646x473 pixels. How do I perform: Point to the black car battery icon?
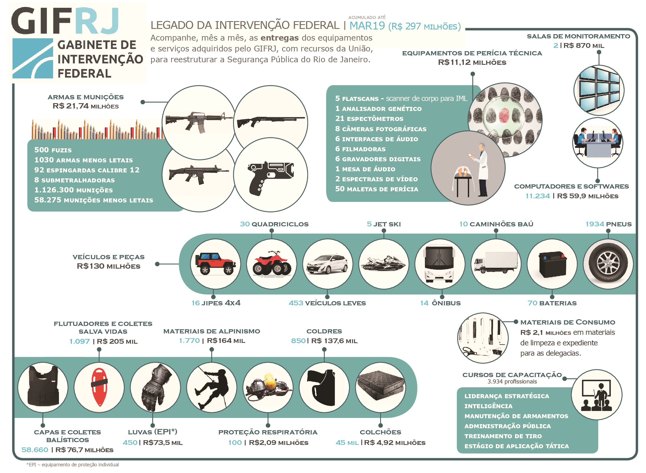[x=552, y=264]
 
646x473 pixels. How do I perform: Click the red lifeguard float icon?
[x=99, y=387]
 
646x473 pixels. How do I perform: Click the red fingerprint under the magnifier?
[x=504, y=115]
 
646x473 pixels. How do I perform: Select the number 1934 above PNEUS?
[x=595, y=224]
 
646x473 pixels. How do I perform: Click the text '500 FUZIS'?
[x=53, y=150]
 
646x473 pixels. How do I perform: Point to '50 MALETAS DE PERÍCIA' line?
[x=377, y=189]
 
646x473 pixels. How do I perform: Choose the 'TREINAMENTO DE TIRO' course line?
[x=503, y=436]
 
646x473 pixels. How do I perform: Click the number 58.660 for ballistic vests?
[x=35, y=450]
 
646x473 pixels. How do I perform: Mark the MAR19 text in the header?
[x=367, y=26]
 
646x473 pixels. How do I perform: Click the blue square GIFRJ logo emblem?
[x=33, y=58]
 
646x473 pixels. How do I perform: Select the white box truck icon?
[x=496, y=262]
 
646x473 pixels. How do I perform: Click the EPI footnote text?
[x=73, y=465]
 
